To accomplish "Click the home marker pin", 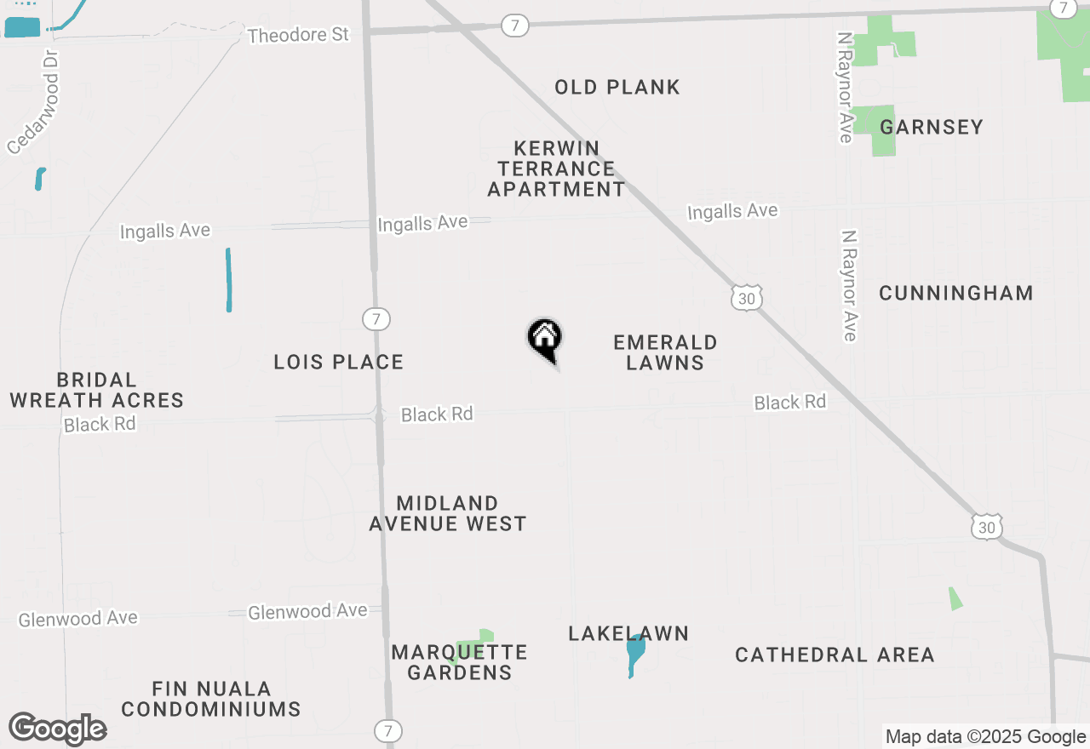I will click(x=545, y=339).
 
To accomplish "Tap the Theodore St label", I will click(x=298, y=35).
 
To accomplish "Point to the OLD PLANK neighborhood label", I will click(x=617, y=87).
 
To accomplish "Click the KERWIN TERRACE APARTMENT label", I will click(x=557, y=169).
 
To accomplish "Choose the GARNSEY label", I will click(x=932, y=127).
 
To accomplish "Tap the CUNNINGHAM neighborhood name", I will click(x=956, y=293).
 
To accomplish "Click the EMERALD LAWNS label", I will click(x=665, y=352).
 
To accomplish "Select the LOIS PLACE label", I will click(x=339, y=362).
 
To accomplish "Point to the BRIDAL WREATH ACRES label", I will click(x=96, y=390).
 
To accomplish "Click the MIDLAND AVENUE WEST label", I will click(x=448, y=513).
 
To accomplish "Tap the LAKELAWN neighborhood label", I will click(x=628, y=633).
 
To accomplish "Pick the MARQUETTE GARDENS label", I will click(x=460, y=662).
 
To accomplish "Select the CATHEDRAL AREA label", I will click(x=835, y=655).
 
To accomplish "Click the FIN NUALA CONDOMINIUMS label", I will click(x=211, y=699).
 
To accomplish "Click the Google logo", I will click(x=58, y=729).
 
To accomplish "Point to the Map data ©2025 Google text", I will click(x=985, y=737).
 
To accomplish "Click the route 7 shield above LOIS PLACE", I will click(x=376, y=319).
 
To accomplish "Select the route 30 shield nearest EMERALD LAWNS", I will click(x=746, y=298).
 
